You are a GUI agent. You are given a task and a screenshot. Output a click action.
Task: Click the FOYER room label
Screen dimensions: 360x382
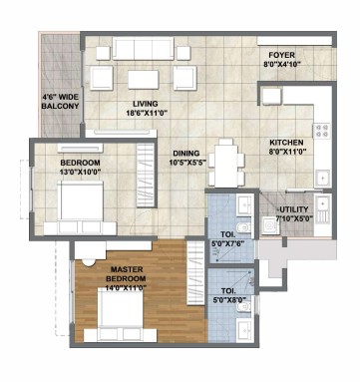(x=281, y=55)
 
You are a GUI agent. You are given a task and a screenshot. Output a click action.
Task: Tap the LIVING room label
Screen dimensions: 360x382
(x=146, y=104)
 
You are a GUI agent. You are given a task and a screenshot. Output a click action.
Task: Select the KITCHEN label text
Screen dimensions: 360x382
(x=286, y=143)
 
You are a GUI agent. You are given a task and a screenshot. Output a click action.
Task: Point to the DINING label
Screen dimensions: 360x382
(x=186, y=154)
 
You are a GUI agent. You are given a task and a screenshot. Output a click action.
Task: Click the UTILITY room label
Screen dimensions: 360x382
(x=293, y=209)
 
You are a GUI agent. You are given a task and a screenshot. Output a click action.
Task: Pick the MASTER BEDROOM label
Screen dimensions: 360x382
(x=128, y=274)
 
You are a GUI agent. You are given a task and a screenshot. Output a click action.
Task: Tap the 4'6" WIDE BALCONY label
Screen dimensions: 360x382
(x=60, y=102)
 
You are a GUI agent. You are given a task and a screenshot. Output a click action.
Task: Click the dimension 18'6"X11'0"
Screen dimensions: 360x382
(x=146, y=113)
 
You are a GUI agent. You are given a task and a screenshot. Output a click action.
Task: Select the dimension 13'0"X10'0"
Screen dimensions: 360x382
(x=80, y=172)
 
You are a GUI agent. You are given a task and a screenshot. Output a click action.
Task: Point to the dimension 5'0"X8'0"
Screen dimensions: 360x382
(x=230, y=299)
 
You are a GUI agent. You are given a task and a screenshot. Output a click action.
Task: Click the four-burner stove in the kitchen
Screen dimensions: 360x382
(x=321, y=131)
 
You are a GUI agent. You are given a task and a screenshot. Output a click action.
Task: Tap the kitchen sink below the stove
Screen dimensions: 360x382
(x=322, y=179)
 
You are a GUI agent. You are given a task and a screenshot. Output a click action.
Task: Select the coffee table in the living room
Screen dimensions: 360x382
(x=144, y=80)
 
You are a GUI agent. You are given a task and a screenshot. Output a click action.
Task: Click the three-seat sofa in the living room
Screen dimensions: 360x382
(x=144, y=49)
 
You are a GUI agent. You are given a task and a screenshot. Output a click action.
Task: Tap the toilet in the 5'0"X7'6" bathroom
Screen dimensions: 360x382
(x=244, y=227)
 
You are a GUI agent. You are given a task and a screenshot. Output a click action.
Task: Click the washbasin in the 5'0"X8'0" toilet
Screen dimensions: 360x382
(x=245, y=330)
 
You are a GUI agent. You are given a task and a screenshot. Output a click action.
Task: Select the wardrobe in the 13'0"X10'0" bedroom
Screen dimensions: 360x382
(x=147, y=176)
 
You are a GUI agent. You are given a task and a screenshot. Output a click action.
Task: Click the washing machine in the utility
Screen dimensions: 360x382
(x=269, y=225)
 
